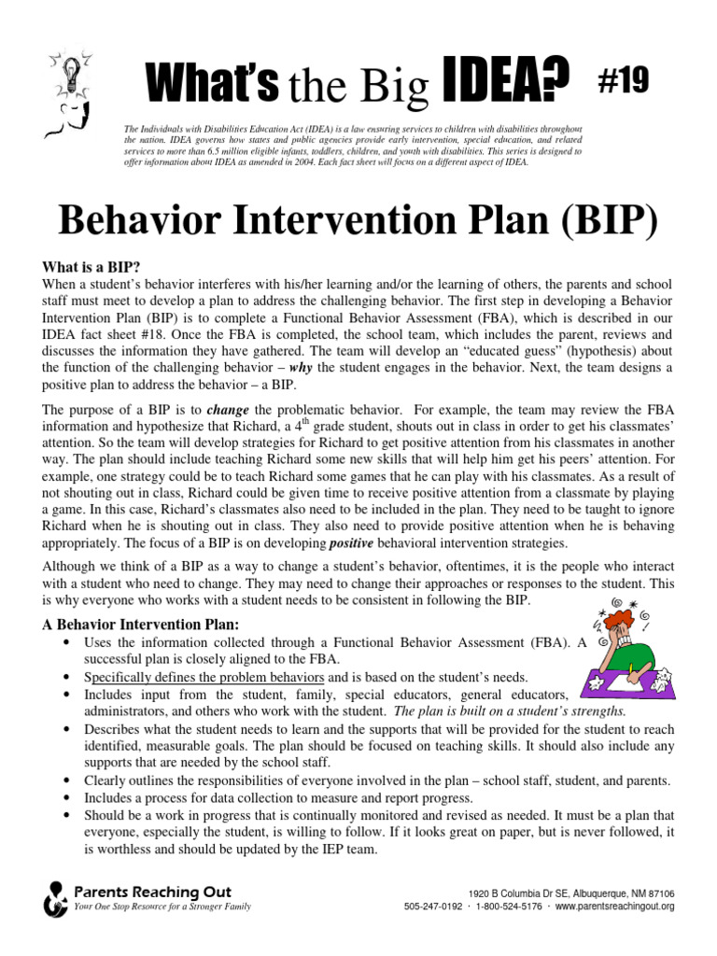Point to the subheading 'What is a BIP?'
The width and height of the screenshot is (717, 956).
(91, 266)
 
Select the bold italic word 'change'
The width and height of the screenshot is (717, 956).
(229, 409)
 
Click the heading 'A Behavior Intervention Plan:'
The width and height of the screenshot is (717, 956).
(139, 624)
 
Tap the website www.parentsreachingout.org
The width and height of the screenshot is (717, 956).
(615, 907)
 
